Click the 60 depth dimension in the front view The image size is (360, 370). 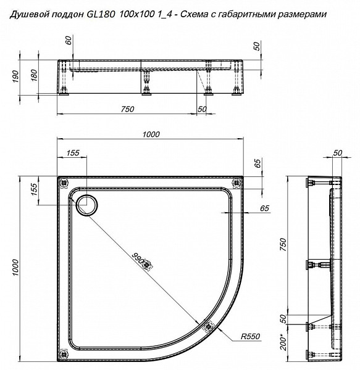coord(69,41)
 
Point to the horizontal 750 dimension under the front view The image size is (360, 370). coord(127,109)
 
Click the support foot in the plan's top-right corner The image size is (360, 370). coord(234,182)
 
